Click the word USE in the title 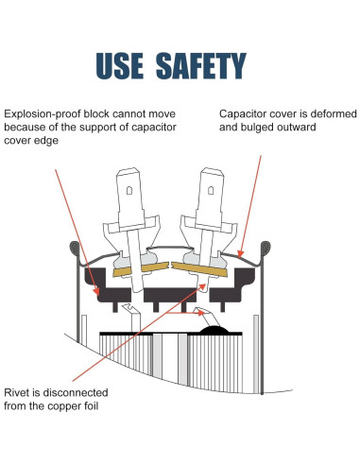coord(120,65)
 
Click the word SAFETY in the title coord(201,65)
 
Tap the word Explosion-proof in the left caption coord(43,114)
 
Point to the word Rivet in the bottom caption coord(17,392)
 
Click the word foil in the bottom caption coord(91,405)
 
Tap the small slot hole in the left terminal coord(129,190)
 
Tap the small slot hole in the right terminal coord(211,190)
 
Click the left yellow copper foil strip coord(141,269)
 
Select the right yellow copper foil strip coord(199,269)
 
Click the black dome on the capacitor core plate coord(214,330)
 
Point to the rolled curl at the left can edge coord(75,248)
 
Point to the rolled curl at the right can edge coord(266,248)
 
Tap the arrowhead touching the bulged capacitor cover coord(241,254)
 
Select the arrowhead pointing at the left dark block coord(96,291)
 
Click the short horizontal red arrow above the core coord(185,313)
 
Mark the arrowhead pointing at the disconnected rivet coord(202,287)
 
